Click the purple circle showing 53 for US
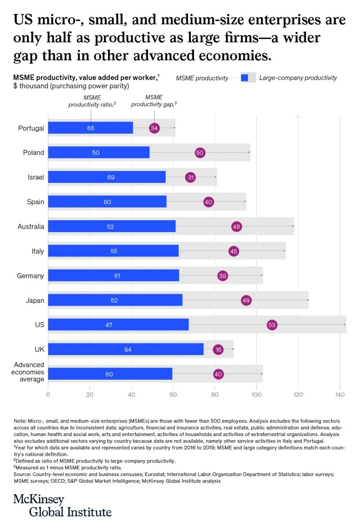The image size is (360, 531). tap(272, 325)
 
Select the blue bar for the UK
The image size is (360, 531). tap(126, 349)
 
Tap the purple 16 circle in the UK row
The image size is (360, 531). tap(218, 349)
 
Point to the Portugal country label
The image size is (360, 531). tap(31, 128)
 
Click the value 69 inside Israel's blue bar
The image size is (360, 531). tap(111, 177)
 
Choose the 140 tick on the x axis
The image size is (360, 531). tap(340, 395)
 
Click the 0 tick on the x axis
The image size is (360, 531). tap(48, 395)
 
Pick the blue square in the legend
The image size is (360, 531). tap(245, 78)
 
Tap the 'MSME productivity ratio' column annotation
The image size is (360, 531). tap(92, 101)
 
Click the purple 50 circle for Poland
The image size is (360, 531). tap(200, 153)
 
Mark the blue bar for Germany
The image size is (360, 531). tap(113, 275)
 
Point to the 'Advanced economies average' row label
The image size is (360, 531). tap(29, 372)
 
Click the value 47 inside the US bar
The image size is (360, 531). tap(109, 325)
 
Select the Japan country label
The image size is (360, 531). tap(35, 300)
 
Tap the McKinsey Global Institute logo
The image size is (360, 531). tap(62, 505)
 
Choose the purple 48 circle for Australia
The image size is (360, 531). tap(236, 227)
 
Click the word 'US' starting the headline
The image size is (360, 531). tap(22, 20)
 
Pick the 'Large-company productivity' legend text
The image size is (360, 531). tap(298, 78)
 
